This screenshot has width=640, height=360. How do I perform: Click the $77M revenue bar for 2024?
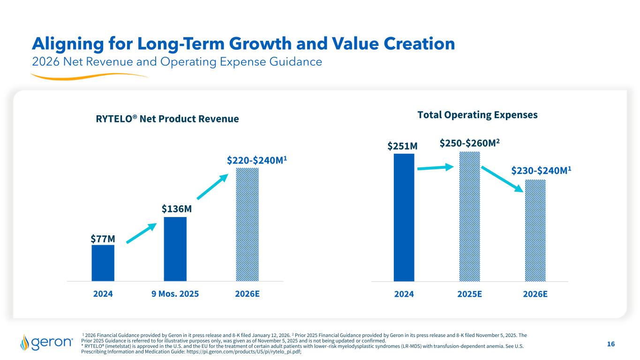point(103,262)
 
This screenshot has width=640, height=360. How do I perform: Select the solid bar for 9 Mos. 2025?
point(175,248)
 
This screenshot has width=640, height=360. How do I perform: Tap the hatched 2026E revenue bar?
point(247,224)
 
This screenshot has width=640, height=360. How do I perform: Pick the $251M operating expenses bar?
point(404,217)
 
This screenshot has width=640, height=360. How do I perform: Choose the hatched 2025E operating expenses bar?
point(469,216)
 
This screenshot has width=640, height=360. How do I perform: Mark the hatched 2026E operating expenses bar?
point(535,230)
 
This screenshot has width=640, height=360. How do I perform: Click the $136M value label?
point(175,208)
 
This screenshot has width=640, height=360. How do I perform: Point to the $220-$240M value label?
point(257,160)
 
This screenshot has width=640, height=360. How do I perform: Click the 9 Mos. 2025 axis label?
point(175,294)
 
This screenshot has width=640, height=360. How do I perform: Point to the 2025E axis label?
point(469,294)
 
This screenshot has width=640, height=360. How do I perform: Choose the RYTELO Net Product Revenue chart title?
point(167,119)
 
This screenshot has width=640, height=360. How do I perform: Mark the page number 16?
point(610,345)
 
